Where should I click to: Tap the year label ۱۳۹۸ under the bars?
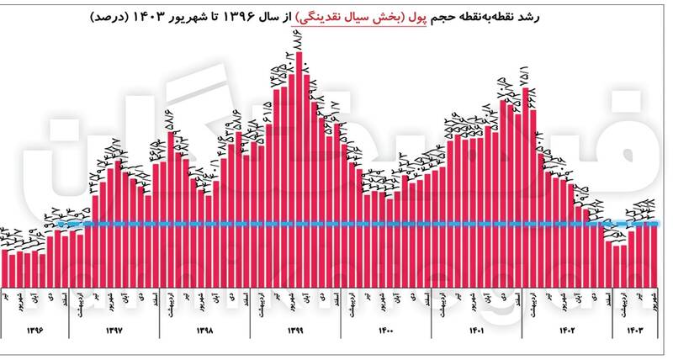[x=204, y=331]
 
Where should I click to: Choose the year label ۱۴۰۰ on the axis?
[x=386, y=331]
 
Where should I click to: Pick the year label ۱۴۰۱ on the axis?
[x=477, y=331]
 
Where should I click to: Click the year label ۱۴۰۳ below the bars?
[x=635, y=331]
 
